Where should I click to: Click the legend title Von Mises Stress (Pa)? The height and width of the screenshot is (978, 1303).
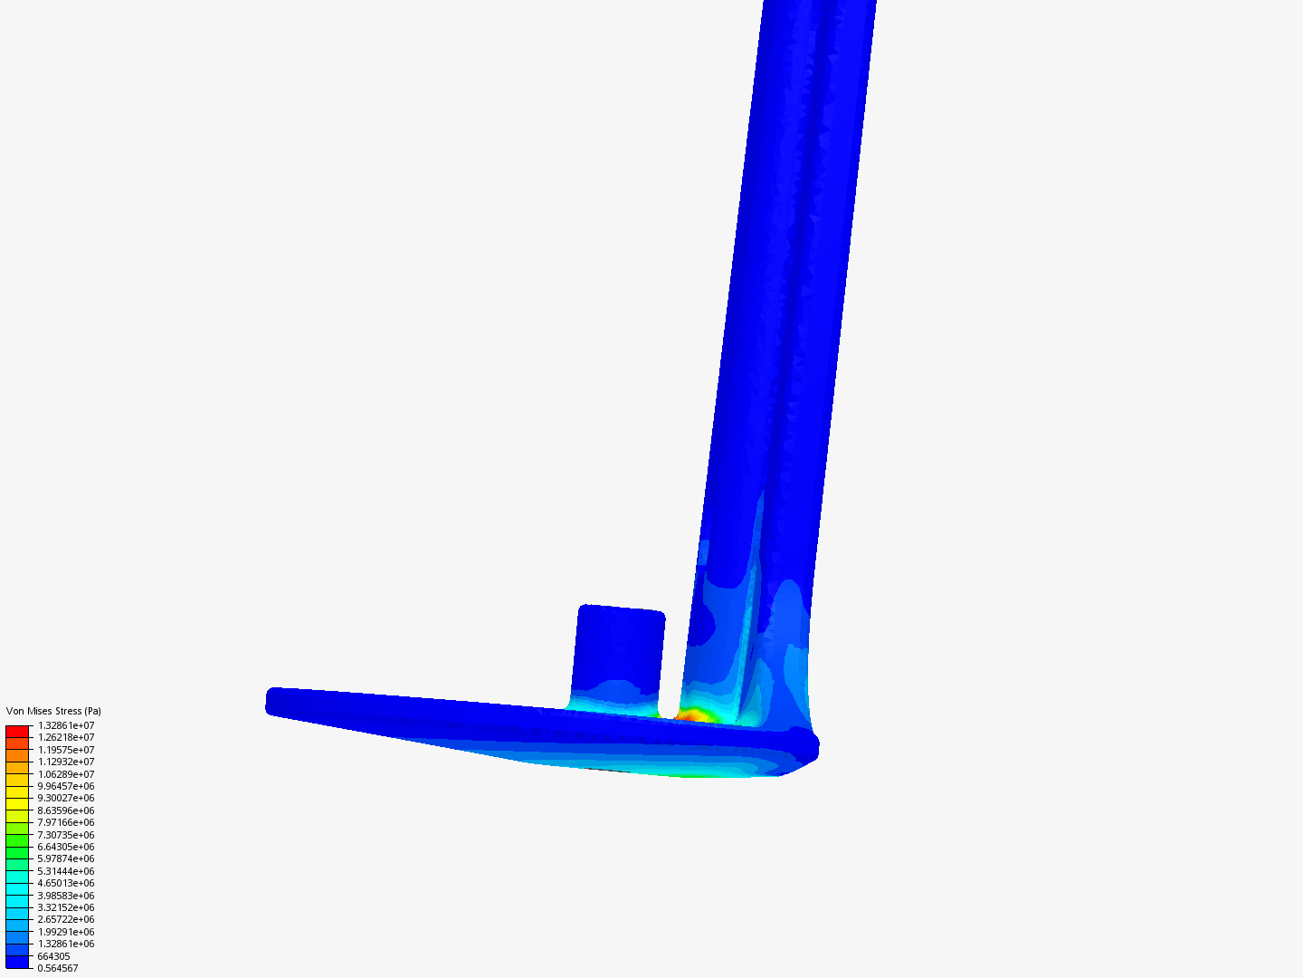click(x=53, y=711)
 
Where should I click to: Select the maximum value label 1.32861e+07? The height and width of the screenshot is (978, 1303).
click(x=66, y=725)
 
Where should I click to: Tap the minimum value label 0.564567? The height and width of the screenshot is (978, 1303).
click(x=58, y=969)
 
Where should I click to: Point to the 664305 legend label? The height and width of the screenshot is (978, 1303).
click(x=53, y=956)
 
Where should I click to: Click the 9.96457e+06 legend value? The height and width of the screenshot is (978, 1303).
click(x=66, y=786)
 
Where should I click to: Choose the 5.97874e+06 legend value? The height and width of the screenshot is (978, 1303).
click(x=66, y=858)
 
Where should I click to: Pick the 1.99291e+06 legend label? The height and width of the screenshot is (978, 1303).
click(x=66, y=932)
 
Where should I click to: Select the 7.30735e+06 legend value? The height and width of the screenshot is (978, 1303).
click(x=66, y=835)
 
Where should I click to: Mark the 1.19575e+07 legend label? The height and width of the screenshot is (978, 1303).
click(x=66, y=750)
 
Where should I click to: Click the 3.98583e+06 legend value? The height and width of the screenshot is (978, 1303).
click(x=66, y=896)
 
